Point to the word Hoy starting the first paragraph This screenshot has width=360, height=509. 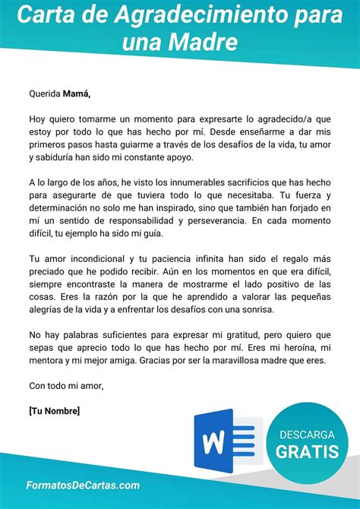[37, 120]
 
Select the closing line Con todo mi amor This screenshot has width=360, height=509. [66, 386]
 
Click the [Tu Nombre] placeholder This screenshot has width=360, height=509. [54, 411]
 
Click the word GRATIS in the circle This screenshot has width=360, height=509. [308, 452]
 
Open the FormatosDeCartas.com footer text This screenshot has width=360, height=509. [83, 485]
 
